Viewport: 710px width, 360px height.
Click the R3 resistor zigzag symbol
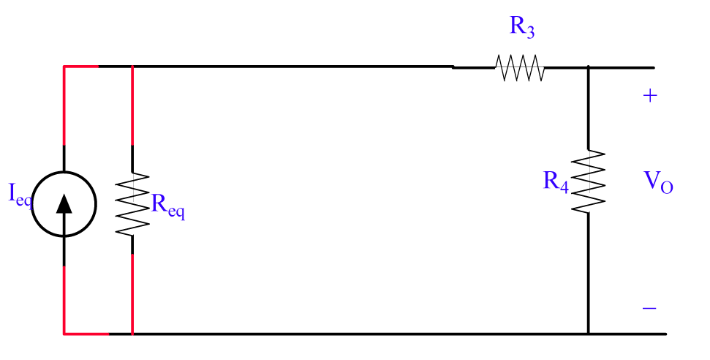coord(520,68)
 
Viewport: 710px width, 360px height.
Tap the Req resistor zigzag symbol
coord(132,203)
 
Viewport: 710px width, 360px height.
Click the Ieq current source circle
coord(64,203)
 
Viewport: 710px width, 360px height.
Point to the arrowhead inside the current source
coord(64,203)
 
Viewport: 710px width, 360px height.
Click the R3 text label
coord(521,28)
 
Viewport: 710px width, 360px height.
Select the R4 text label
coord(556,181)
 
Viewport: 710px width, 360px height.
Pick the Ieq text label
coord(20,195)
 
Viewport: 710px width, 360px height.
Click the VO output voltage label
coord(658,183)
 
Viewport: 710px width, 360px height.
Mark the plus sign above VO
coord(649,96)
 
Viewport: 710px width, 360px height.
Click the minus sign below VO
coord(649,309)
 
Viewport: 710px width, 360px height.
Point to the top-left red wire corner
coord(64,67)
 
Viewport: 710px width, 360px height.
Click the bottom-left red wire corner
coord(64,334)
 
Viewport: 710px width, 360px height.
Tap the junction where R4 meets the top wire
coord(589,67)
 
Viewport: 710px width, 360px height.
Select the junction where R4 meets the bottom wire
coord(589,334)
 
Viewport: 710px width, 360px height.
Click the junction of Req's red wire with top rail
coord(132,67)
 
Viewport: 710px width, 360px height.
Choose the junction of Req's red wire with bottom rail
coord(132,334)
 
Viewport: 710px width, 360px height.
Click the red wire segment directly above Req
coord(132,106)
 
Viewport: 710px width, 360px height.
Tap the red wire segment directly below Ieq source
coord(64,300)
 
